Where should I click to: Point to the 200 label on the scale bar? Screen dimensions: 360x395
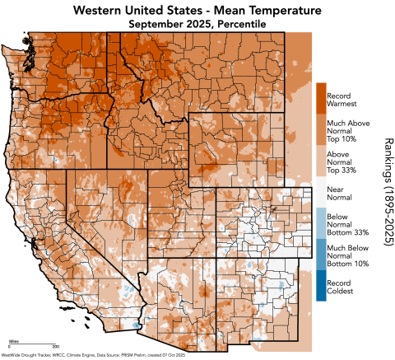(x=56, y=348)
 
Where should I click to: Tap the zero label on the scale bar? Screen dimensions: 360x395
(x=8, y=348)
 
